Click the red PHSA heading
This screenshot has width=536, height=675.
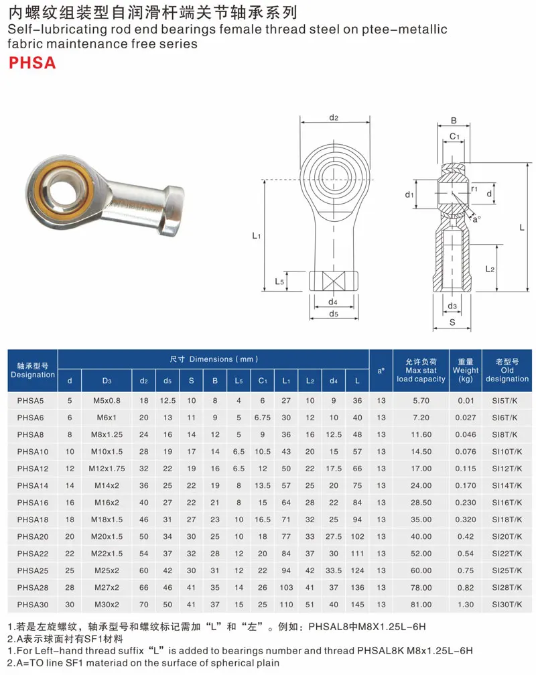tap(32, 63)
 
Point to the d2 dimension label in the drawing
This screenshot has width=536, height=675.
tap(334, 117)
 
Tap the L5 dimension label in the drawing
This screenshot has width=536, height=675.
tap(279, 282)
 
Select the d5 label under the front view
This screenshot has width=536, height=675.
tap(334, 314)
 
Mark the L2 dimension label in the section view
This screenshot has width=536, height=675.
tap(490, 269)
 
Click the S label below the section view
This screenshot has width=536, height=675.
tap(452, 322)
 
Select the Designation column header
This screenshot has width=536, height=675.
tap(33, 370)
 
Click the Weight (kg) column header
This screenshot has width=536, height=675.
tap(466, 370)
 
